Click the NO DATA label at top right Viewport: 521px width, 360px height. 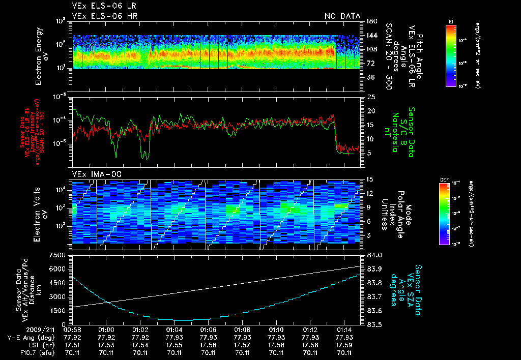[x=342, y=16]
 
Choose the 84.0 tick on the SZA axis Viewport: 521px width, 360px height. [x=368, y=255]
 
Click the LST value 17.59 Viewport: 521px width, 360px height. [x=345, y=345]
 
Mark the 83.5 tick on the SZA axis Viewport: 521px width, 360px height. [x=368, y=324]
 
